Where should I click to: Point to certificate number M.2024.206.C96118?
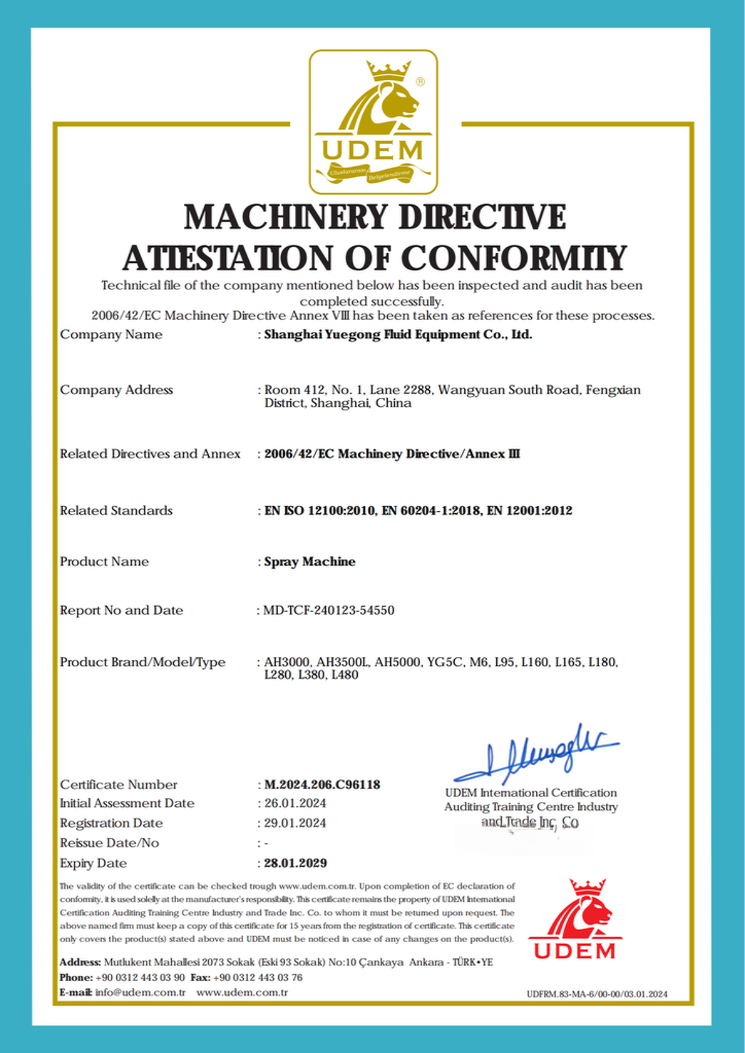point(322,785)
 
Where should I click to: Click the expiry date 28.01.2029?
point(296,863)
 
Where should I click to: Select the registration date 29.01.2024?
point(295,823)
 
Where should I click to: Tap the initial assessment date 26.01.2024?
point(295,803)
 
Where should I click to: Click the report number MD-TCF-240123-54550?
point(329,610)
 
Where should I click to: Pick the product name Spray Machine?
point(310,562)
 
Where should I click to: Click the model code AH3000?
point(288,662)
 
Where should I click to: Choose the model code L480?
point(345,675)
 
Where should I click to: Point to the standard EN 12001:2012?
point(530,511)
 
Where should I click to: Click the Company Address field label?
point(117,390)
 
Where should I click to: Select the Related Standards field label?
point(116,511)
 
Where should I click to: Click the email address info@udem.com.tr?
point(140,993)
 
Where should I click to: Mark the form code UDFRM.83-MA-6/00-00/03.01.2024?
point(597,994)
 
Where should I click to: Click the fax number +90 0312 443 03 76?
point(258,977)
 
